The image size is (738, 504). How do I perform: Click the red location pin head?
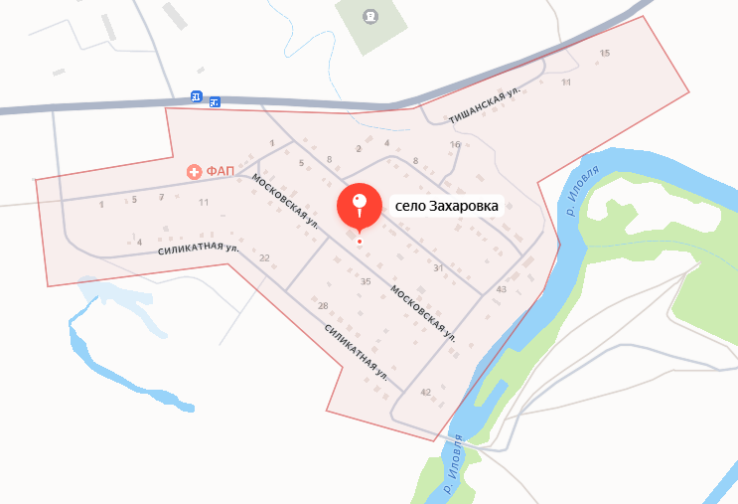[359, 204]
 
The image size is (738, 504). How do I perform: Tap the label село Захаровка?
[444, 207]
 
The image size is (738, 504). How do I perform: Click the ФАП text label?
[220, 171]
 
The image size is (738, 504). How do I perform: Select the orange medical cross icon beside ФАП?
[195, 171]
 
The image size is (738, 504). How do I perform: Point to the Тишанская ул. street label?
[485, 102]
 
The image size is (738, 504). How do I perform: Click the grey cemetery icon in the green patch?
[370, 15]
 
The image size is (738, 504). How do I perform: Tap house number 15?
[605, 53]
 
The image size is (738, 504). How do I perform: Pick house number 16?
[455, 145]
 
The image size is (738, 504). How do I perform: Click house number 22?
[264, 258]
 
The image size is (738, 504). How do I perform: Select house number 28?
[323, 305]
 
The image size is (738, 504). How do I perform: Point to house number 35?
[365, 282]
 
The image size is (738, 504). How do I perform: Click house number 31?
[438, 268]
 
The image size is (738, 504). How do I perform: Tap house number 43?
[502, 289]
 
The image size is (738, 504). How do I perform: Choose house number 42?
[425, 393]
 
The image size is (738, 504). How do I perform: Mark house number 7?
[161, 198]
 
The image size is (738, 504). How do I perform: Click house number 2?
[359, 149]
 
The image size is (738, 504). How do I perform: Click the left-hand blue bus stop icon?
[197, 97]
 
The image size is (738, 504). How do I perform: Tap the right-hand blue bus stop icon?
[215, 100]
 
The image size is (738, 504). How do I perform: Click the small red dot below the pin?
[359, 241]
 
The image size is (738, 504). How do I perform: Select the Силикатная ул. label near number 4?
[199, 251]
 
